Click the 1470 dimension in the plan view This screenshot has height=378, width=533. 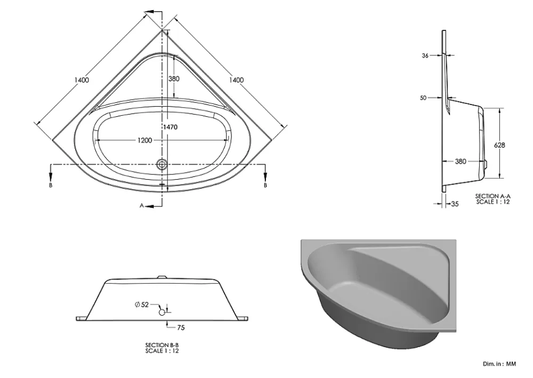tap(171, 127)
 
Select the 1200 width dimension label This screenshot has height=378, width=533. tap(144, 140)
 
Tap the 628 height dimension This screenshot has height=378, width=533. tap(499, 145)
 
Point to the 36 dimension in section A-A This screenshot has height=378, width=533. tap(425, 56)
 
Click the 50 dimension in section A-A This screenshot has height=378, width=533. tap(423, 98)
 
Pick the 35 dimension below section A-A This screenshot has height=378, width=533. tap(455, 204)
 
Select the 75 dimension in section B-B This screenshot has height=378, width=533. tap(181, 328)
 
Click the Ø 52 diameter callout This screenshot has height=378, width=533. tap(142, 305)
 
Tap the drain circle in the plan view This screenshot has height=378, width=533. tap(162, 165)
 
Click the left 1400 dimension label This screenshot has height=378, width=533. tap(82, 80)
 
